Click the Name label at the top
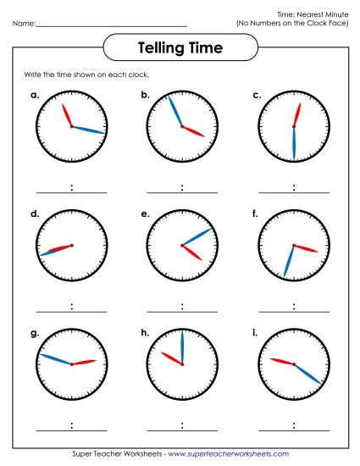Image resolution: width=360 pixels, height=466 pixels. (x=24, y=23)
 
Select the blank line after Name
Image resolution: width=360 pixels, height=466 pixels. (x=111, y=25)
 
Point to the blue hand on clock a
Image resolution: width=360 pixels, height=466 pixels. (x=90, y=130)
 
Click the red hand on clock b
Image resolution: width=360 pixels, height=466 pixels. (x=194, y=131)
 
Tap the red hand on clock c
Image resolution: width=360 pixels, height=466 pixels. (x=296, y=114)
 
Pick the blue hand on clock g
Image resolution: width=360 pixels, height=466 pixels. (x=57, y=359)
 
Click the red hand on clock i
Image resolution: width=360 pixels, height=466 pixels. (x=282, y=362)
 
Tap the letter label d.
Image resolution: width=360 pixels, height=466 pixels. (x=35, y=214)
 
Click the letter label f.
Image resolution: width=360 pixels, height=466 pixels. (x=255, y=214)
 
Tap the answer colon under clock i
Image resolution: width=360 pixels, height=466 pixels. (x=293, y=425)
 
